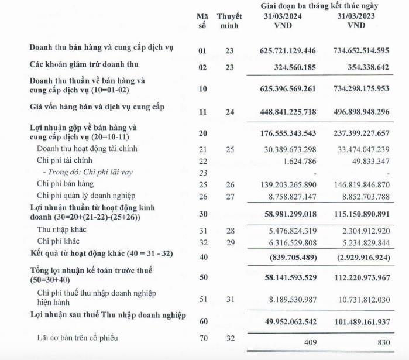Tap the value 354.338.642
(x=363, y=67)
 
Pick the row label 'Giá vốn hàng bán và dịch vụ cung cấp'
(x=97, y=107)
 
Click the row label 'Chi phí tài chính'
(x=64, y=160)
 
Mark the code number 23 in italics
(x=202, y=173)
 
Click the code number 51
(x=202, y=299)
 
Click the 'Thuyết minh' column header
(x=229, y=21)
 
